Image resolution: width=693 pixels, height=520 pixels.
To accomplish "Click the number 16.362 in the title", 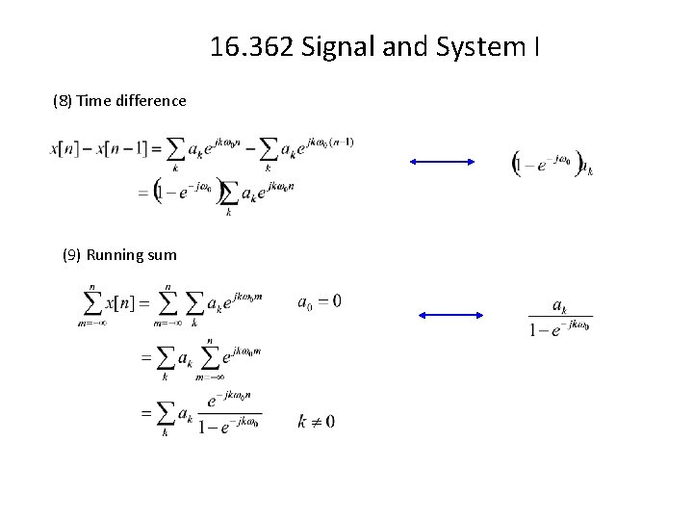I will coord(252,46).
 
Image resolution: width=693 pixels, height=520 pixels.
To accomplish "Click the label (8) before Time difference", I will coord(63,100).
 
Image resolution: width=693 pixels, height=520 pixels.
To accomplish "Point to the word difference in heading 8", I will coord(150,100).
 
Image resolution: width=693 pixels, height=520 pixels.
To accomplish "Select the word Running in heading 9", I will coord(115,255).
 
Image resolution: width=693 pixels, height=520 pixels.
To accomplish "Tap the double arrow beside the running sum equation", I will coord(451,315).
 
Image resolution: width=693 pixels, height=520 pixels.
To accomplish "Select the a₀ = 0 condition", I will coord(319,302).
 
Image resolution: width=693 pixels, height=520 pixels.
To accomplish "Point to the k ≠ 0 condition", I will coord(317,422).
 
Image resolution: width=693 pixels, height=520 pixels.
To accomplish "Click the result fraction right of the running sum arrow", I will coord(559,316).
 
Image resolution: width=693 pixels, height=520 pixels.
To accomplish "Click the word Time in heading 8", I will coord(93,100).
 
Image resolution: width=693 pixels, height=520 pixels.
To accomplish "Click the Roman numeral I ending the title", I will coord(535,46).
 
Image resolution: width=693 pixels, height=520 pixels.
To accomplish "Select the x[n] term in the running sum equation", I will coord(121,302).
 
